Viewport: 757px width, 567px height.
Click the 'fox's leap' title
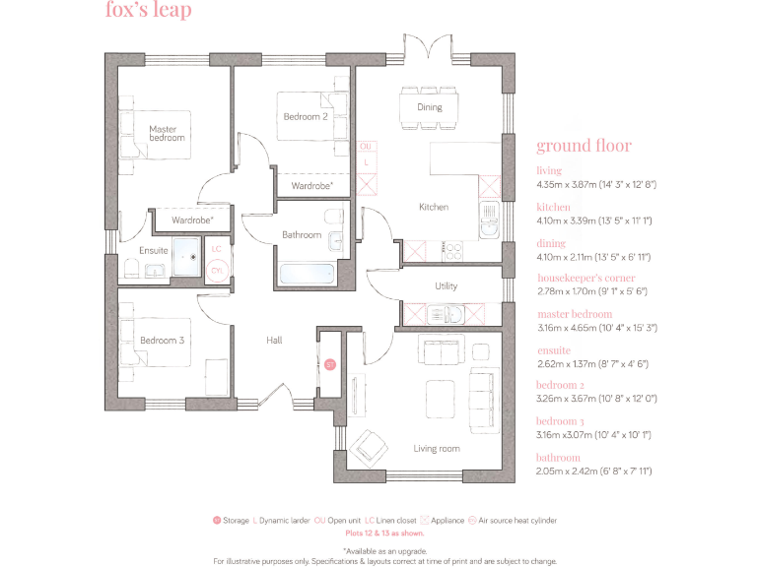148,12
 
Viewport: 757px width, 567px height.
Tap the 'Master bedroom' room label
167,133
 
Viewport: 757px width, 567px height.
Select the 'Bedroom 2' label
306,116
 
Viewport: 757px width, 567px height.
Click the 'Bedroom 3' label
162,341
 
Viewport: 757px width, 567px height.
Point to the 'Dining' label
429,106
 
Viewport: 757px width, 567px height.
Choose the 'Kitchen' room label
434,207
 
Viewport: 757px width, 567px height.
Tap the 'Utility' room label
446,286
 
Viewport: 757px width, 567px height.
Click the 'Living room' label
437,449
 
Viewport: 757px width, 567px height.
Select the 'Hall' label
274,341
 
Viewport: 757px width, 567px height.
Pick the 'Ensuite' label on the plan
154,251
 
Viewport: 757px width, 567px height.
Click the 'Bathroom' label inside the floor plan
302,235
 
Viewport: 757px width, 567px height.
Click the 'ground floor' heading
584,147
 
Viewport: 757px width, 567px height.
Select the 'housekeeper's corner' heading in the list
585,279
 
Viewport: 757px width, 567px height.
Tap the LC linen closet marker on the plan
217,249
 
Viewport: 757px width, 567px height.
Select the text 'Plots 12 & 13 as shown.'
384,532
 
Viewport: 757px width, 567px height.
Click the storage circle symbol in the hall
329,364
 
